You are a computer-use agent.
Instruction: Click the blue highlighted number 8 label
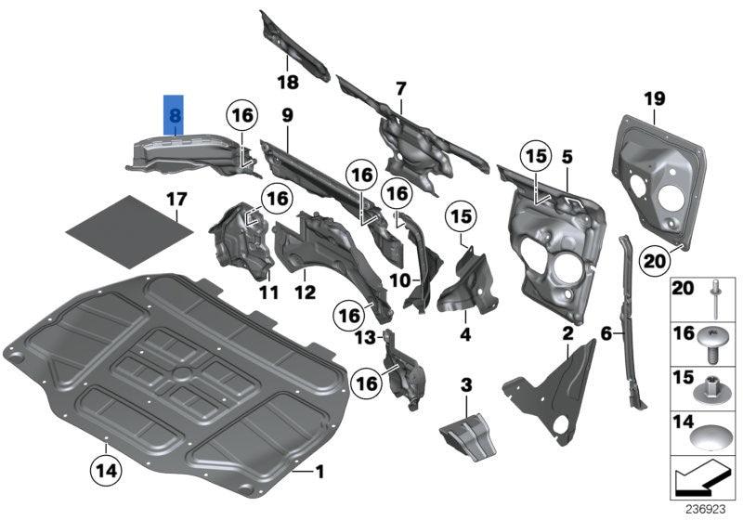click(174, 117)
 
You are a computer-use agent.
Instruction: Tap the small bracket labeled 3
click(469, 434)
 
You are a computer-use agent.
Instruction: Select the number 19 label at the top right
click(655, 98)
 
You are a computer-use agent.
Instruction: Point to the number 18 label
click(288, 84)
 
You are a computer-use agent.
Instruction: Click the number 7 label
click(400, 89)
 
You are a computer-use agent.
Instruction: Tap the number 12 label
click(305, 292)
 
